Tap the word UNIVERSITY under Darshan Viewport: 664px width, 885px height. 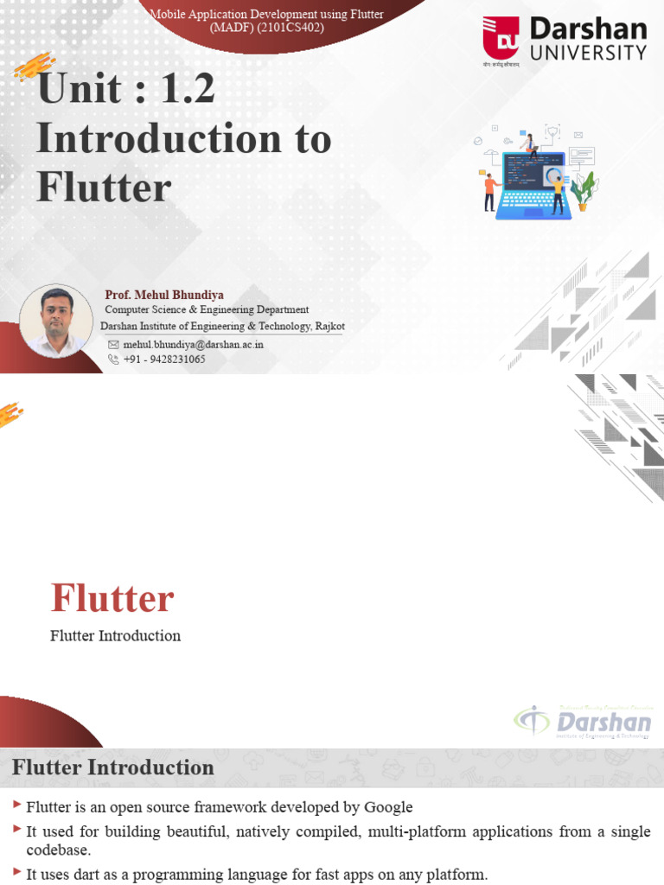pos(588,53)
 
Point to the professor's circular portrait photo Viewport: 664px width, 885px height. pos(56,321)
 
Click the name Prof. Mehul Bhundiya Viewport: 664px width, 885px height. pos(164,295)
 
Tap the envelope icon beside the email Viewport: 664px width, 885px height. pos(112,344)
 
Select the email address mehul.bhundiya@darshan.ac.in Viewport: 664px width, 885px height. pos(194,344)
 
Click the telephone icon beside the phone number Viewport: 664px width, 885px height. pos(112,360)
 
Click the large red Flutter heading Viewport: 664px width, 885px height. pos(112,598)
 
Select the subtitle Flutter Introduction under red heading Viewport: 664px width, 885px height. pos(116,636)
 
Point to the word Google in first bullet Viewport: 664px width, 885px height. pos(386,807)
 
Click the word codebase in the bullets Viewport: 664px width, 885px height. pos(58,850)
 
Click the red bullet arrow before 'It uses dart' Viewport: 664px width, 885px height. pos(17,874)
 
